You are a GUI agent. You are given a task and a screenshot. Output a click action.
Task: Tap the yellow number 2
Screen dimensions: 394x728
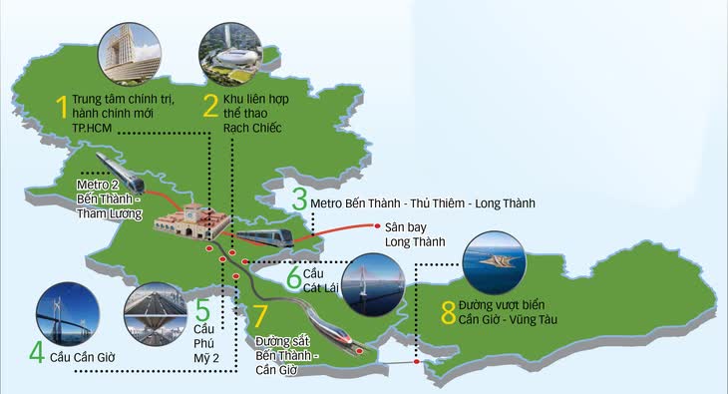210,106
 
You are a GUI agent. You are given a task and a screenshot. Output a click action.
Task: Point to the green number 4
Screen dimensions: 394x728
37,352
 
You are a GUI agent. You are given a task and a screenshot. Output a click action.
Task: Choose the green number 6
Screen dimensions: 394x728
293,275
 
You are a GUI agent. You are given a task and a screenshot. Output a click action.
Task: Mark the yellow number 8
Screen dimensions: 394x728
449,310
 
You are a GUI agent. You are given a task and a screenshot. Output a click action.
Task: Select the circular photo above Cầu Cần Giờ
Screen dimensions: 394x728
67,311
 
